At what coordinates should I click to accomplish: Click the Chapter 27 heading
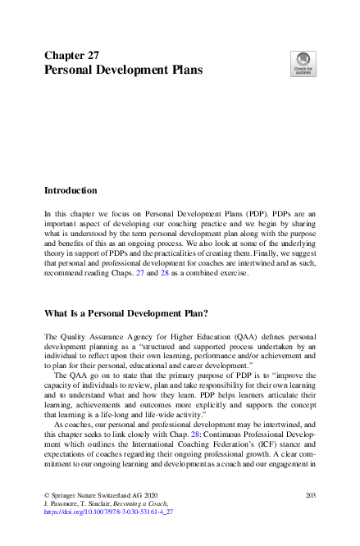[x=72, y=56]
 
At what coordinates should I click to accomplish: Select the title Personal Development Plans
[x=123, y=71]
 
